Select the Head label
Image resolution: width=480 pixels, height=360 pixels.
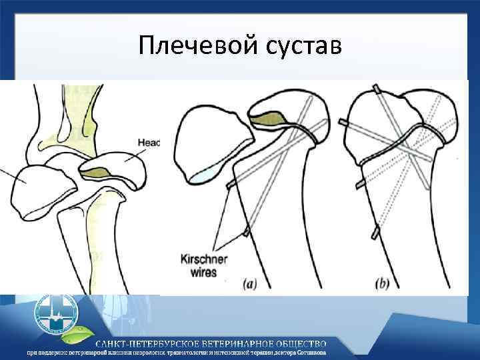coord(149,142)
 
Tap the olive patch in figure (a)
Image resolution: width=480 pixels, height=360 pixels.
coord(271,119)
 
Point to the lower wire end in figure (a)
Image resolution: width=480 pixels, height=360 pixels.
coord(246,232)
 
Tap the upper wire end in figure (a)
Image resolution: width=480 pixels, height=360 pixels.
coord(231,184)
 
